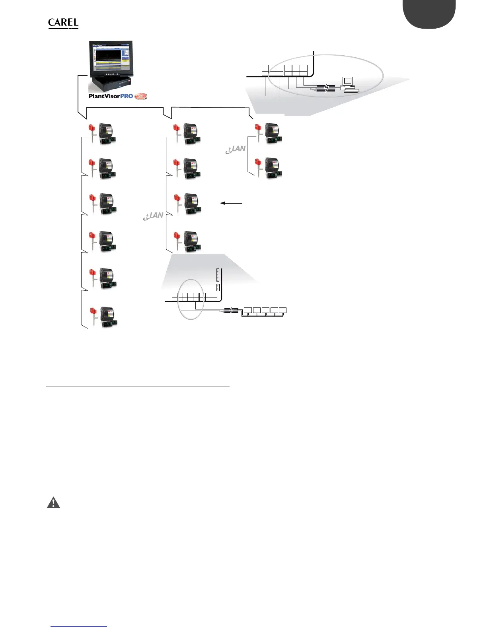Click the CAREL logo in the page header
point(63,23)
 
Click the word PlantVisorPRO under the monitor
point(111,96)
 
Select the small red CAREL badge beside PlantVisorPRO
point(141,96)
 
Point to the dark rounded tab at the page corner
point(429,14)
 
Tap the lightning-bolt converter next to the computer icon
point(326,88)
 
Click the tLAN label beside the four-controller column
point(154,216)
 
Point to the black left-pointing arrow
point(231,203)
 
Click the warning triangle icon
point(53,503)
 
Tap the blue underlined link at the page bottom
point(79,626)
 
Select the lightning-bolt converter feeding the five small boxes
point(231,310)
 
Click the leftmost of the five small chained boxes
point(248,310)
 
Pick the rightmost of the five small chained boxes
point(282,310)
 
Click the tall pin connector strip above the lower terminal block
point(218,275)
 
